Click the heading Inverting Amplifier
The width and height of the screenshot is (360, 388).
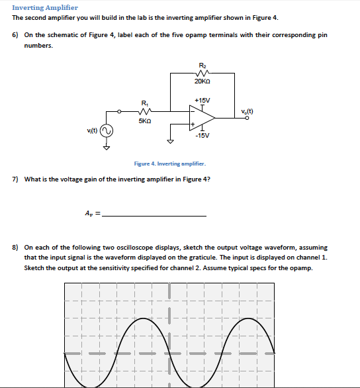pyautogui.click(x=45, y=7)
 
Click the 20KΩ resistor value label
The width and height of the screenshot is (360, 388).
pyautogui.click(x=202, y=81)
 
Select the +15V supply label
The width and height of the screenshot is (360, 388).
pyautogui.click(x=202, y=100)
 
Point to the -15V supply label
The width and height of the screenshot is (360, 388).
pyautogui.click(x=202, y=135)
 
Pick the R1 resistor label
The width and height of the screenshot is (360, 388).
pyautogui.click(x=146, y=102)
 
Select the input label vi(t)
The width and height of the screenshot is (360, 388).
pyautogui.click(x=91, y=130)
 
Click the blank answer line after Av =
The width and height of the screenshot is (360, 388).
pyautogui.click(x=155, y=215)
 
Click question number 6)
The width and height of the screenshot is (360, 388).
pyautogui.click(x=15, y=35)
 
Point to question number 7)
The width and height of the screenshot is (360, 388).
pyautogui.click(x=15, y=179)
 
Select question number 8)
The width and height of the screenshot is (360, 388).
pyautogui.click(x=15, y=247)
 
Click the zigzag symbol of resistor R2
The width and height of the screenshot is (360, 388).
pyautogui.click(x=202, y=73)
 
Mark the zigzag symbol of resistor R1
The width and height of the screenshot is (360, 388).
pyautogui.click(x=146, y=111)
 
